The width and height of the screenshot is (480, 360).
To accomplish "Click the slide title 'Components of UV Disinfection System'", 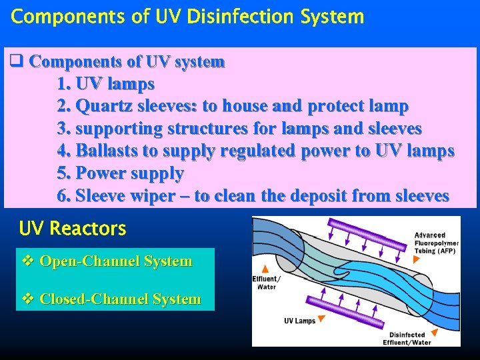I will (x=187, y=17).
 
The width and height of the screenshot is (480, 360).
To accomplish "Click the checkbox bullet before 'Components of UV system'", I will (x=17, y=62).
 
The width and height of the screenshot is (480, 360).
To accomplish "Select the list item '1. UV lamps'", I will (x=106, y=84).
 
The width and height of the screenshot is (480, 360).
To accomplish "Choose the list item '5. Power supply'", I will (x=121, y=173).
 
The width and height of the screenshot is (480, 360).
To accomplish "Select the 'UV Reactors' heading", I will (x=73, y=229).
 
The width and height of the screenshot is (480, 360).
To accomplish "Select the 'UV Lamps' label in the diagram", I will (x=299, y=321).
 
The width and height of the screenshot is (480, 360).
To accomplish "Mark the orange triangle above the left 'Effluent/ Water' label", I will (x=265, y=267).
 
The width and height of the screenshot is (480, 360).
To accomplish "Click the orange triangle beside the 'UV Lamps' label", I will (x=321, y=320).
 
